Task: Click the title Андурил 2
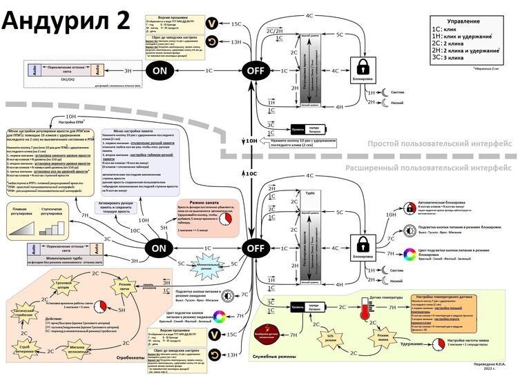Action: tap(66, 20)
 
